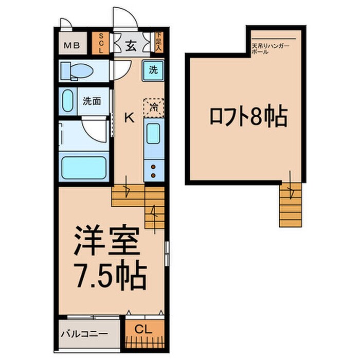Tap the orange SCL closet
(101, 44)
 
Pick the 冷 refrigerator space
(153, 107)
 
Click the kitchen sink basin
(153, 134)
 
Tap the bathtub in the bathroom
(84, 167)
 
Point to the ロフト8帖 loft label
(248, 117)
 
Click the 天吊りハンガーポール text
(271, 49)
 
